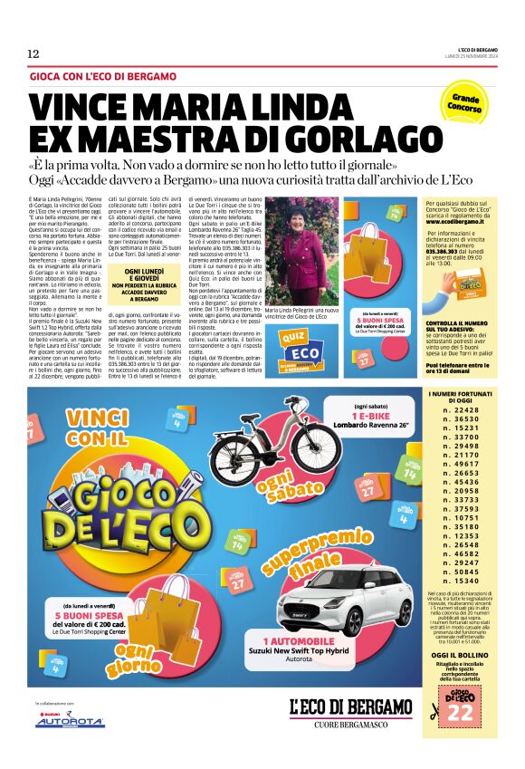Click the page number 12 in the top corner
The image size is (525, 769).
point(33,53)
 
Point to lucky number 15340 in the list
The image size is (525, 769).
point(461,581)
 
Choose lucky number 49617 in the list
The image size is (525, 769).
point(461,463)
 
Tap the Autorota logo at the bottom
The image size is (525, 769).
point(69,722)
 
